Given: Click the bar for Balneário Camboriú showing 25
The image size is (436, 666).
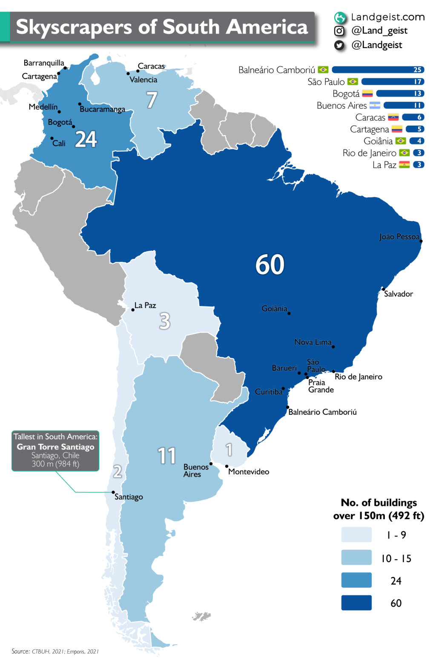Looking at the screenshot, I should click(378, 70).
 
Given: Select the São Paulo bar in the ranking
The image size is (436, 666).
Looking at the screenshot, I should click(393, 82).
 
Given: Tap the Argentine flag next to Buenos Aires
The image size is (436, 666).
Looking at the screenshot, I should click(375, 106).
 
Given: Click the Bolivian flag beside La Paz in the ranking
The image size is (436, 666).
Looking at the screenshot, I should click(404, 165).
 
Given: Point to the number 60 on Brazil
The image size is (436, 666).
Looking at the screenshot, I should click(270, 264).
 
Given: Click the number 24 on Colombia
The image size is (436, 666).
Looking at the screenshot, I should click(86, 139).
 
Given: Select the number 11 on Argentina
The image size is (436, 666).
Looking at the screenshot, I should click(166, 456).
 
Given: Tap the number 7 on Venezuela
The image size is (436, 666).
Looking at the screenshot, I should click(152, 100).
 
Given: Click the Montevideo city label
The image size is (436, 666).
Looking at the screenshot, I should click(249, 472).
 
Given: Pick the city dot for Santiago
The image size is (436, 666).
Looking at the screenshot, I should click(113, 492).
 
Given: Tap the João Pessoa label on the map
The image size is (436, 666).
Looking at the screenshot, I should click(399, 237).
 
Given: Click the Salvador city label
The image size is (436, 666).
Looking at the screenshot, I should click(398, 294).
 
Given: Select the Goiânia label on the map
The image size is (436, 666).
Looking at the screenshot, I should click(274, 309).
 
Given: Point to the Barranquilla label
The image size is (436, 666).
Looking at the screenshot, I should click(44, 63).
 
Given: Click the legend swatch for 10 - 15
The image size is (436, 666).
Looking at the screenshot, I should click(356, 557).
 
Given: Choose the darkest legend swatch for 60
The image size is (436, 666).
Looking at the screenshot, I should click(356, 603).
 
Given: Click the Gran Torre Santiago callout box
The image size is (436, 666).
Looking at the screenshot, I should click(55, 451).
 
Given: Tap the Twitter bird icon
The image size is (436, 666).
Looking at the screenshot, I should click(339, 45).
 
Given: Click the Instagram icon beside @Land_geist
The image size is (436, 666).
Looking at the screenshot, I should click(339, 31).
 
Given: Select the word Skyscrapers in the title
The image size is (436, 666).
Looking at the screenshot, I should click(74, 27).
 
